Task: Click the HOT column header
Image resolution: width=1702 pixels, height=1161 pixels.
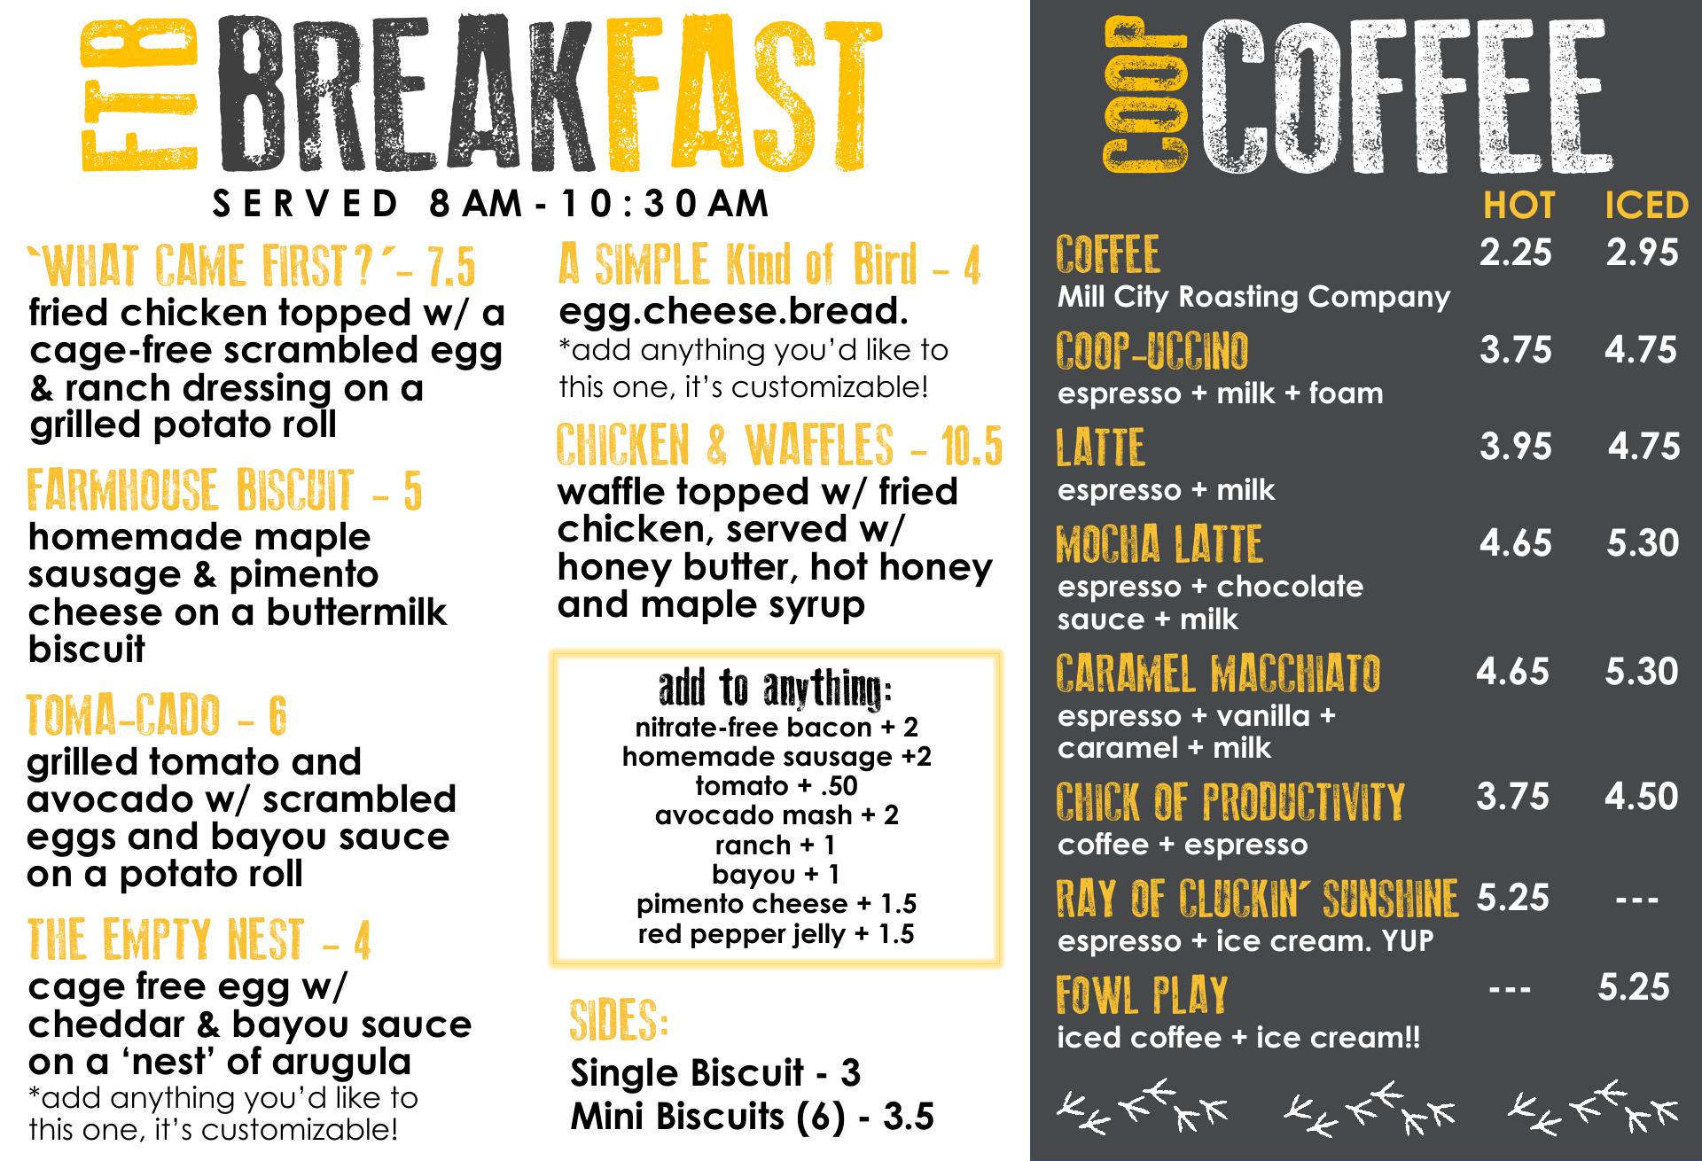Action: (1519, 206)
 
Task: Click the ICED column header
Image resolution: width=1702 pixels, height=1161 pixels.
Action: (1646, 206)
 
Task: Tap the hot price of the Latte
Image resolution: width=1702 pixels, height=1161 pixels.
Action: (1515, 446)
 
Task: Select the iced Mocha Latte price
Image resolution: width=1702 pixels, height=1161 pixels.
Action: (1643, 542)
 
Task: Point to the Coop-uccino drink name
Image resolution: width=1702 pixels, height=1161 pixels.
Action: (1152, 351)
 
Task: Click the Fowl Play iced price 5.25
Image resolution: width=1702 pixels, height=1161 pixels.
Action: (1634, 987)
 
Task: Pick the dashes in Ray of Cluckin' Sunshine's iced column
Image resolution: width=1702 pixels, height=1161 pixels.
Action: (1636, 900)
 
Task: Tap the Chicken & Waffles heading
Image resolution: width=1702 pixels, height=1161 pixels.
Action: (780, 446)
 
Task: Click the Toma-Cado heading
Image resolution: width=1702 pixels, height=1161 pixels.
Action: (157, 716)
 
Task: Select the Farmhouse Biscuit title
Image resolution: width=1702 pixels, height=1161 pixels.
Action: (224, 491)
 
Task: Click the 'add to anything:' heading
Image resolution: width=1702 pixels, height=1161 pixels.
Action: (776, 689)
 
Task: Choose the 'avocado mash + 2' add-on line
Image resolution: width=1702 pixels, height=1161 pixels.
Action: (777, 815)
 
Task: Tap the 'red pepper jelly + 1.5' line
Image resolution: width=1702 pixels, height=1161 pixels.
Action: (776, 934)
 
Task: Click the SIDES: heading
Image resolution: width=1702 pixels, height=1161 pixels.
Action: (619, 1021)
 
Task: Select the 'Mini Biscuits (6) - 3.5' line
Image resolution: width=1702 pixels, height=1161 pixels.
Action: (752, 1117)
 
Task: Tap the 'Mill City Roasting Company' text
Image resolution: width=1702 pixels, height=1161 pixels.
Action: (1253, 297)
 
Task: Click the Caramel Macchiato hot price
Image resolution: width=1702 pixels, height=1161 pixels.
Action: (1512, 672)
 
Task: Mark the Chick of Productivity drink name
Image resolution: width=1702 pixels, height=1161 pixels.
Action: (1230, 802)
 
